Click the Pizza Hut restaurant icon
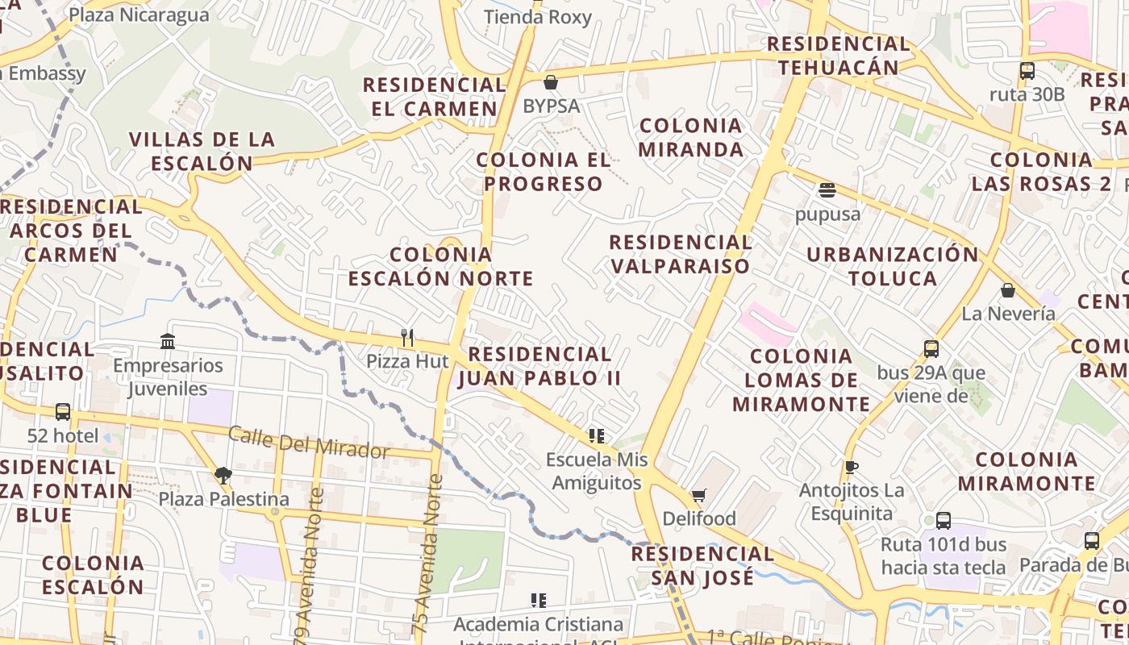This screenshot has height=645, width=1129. click(x=407, y=337)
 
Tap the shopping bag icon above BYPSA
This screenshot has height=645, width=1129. click(x=551, y=81)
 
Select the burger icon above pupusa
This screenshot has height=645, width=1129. click(x=827, y=191)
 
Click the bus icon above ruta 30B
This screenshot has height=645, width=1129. click(x=1027, y=71)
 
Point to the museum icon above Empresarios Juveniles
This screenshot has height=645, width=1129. click(x=168, y=341)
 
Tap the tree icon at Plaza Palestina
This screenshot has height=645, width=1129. click(x=223, y=476)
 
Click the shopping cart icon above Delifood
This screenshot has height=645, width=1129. click(x=698, y=495)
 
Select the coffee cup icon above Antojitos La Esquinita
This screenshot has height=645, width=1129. click(x=851, y=467)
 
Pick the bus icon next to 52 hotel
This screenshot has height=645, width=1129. click(x=62, y=412)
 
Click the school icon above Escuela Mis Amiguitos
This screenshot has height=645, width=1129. click(x=597, y=436)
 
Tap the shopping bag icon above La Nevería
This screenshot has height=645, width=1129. click(x=1007, y=290)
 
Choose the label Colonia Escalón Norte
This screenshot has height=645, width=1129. click(x=440, y=267)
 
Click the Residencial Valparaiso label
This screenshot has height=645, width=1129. click(x=680, y=254)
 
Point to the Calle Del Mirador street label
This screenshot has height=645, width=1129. click(x=309, y=442)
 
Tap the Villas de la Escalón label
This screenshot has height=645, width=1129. click(x=202, y=151)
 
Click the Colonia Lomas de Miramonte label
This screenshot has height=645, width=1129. click(x=801, y=380)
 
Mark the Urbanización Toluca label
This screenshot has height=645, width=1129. click(x=892, y=267)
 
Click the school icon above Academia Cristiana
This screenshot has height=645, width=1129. click(x=539, y=601)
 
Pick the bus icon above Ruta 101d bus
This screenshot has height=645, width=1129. click(x=943, y=520)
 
